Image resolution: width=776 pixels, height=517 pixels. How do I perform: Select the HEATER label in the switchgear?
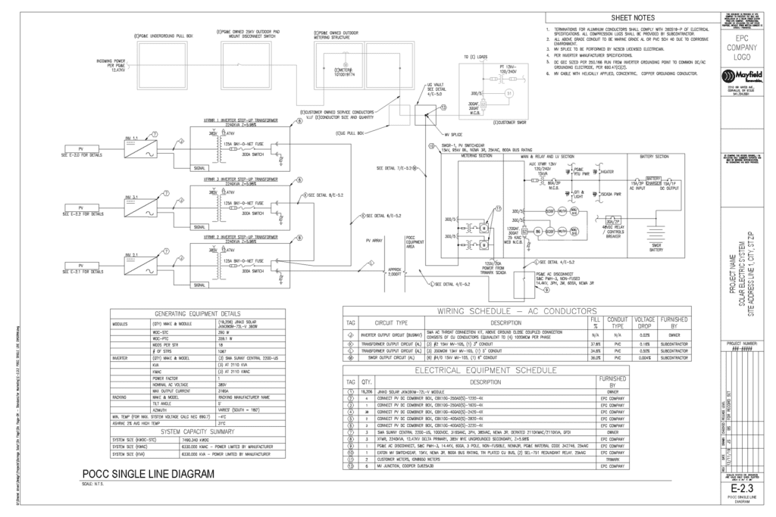pos(584,171)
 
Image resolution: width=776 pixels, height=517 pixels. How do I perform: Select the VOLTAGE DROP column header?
pos(643,324)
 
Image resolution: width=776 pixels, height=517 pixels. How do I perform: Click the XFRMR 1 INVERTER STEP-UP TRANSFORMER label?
pos(239,120)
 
